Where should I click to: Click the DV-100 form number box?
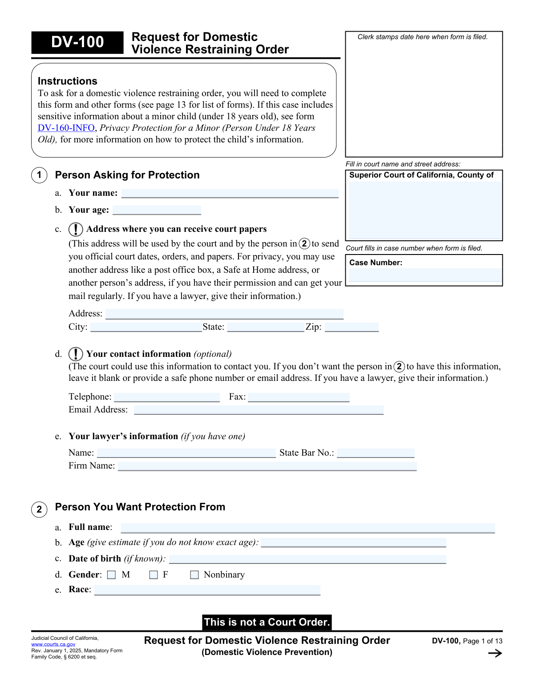(x=77, y=42)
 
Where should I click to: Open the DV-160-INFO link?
(x=66, y=128)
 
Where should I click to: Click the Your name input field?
(x=230, y=194)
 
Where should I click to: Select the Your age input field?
(x=157, y=210)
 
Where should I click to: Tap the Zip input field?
(x=352, y=327)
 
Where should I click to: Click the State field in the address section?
(x=265, y=327)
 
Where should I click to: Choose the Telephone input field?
(x=167, y=397)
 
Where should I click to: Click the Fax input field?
(x=299, y=397)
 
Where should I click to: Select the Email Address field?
(x=259, y=410)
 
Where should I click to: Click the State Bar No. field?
(x=376, y=453)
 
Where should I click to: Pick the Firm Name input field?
(x=267, y=466)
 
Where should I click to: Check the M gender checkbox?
(x=112, y=575)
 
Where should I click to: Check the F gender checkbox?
(x=154, y=575)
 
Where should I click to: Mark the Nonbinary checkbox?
(x=194, y=575)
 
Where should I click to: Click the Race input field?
(x=207, y=590)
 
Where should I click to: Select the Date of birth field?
(x=307, y=559)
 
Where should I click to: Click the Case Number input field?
(x=424, y=275)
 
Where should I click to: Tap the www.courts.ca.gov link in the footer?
(x=53, y=644)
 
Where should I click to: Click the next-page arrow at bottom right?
(x=495, y=653)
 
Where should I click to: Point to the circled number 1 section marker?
(x=39, y=175)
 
